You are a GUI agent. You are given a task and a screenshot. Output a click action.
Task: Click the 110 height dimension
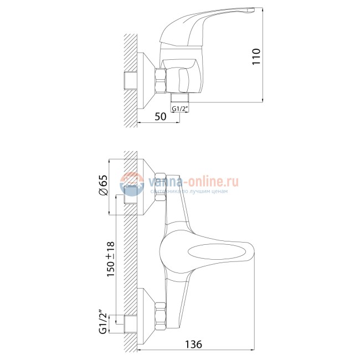(x=256, y=56)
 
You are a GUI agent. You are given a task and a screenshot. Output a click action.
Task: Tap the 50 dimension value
(x=160, y=116)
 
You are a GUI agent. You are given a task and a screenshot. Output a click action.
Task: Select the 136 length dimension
(x=193, y=344)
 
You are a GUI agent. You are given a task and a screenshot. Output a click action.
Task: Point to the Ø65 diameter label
(x=104, y=185)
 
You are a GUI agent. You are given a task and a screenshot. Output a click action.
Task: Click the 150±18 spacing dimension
(x=111, y=259)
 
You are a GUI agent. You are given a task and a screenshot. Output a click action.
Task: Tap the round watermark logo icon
(x=132, y=184)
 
